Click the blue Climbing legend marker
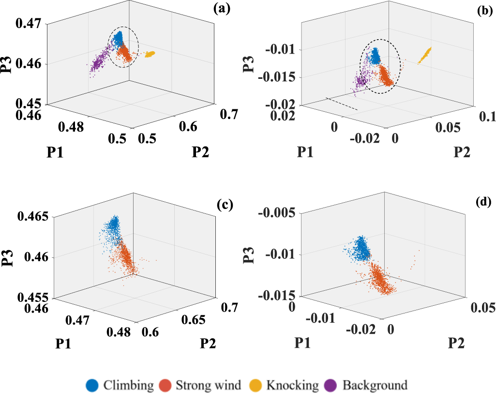click(x=93, y=385)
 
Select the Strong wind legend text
click(x=208, y=386)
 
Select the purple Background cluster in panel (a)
click(x=100, y=62)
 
